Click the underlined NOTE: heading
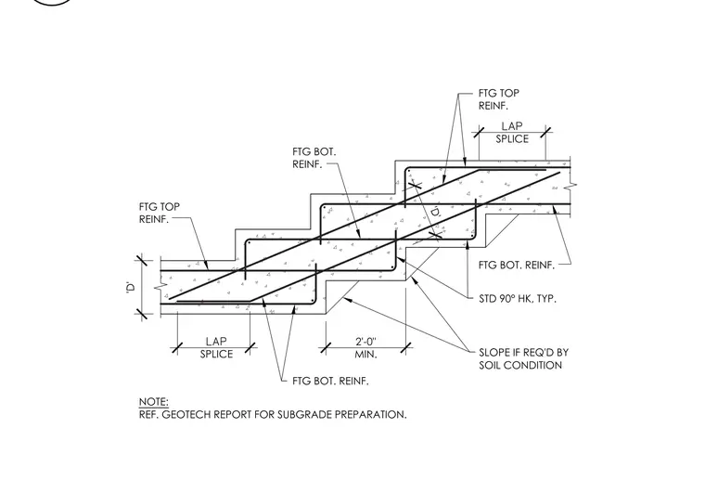tap(153, 402)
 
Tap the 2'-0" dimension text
tap(365, 342)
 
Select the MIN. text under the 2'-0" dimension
tap(365, 355)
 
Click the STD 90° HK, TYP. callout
tap(518, 299)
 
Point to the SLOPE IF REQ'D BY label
tap(524, 352)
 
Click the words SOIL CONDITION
tap(520, 365)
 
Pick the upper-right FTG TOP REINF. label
tap(499, 99)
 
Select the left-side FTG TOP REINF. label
tap(160, 214)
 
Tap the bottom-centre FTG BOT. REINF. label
tap(330, 381)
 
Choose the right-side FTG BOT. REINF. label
tap(517, 266)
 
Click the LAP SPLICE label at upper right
tap(512, 133)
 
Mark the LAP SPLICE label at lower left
tap(216, 348)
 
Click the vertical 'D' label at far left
tap(131, 287)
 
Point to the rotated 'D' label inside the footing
tap(435, 213)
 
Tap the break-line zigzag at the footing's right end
tap(572, 186)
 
